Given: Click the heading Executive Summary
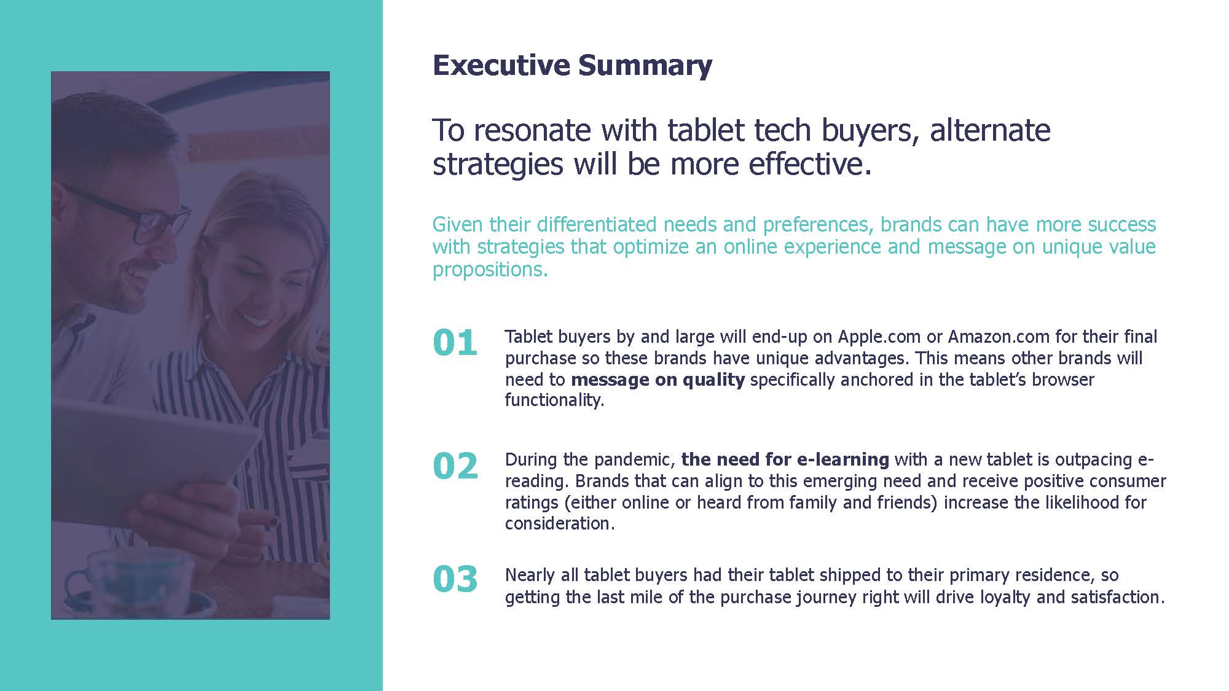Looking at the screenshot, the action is click(572, 65).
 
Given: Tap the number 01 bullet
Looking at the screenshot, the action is click(455, 343).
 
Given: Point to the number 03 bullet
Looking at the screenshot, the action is click(455, 579).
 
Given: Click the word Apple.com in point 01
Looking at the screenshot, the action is click(879, 337).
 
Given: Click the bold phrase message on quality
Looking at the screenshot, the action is click(658, 380).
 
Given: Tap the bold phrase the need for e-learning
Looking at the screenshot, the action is click(785, 459).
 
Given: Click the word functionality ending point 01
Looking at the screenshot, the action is click(554, 400).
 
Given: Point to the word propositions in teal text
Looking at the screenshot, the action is click(489, 270).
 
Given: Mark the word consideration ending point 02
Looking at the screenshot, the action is click(560, 523).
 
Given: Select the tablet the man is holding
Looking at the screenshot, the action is click(154, 455).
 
